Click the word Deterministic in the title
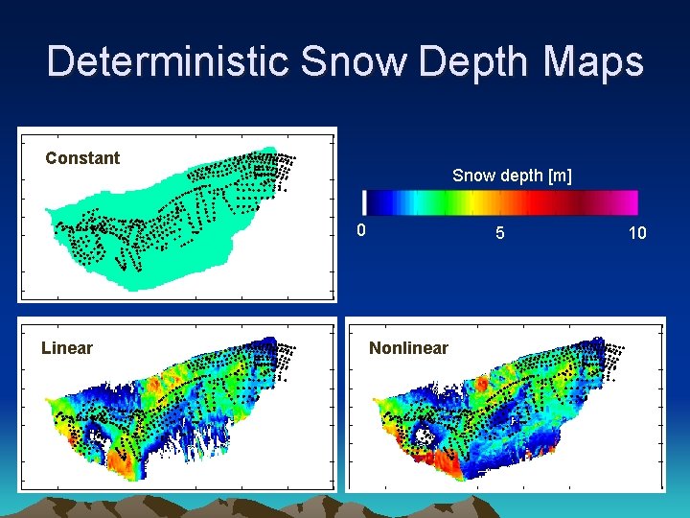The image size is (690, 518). pos(168,62)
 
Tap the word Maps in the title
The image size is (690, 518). pos(594,62)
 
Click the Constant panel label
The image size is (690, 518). pos(82,158)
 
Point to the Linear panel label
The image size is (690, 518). pos(67,348)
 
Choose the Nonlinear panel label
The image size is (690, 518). pos(408,348)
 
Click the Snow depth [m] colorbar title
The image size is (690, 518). pos(512,176)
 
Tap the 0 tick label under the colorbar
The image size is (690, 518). pos(360,230)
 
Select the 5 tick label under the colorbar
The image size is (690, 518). pos(499,233)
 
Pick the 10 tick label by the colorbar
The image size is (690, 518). pos(637,233)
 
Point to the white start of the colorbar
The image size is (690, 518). pos(364,202)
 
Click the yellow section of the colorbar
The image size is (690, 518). pos(470,202)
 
